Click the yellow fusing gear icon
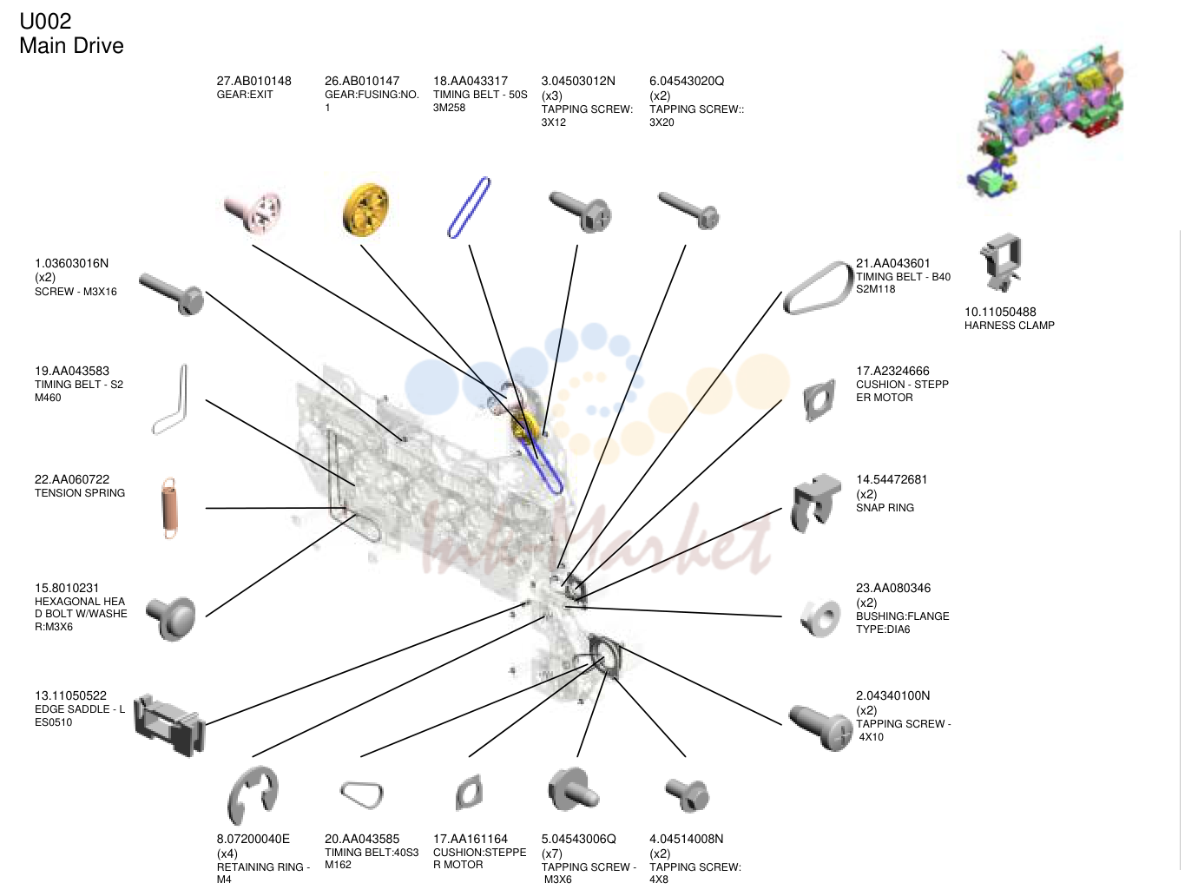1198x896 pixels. pyautogui.click(x=365, y=210)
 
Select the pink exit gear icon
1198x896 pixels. pyautogui.click(x=253, y=211)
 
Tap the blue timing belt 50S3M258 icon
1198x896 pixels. pyautogui.click(x=469, y=208)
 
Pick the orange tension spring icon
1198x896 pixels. pyautogui.click(x=170, y=509)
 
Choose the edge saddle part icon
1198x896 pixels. pyautogui.click(x=169, y=725)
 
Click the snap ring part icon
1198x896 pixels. pyautogui.click(x=815, y=502)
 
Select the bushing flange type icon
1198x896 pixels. pyautogui.click(x=820, y=617)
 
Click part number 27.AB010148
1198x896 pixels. pyautogui.click(x=253, y=81)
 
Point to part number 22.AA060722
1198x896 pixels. pyautogui.click(x=72, y=479)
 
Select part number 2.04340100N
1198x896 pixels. pyautogui.click(x=892, y=695)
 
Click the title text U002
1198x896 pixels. pyautogui.click(x=45, y=22)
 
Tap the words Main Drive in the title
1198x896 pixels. pyautogui.click(x=71, y=45)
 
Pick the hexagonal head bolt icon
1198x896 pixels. pyautogui.click(x=171, y=617)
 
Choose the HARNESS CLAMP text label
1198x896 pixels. pyautogui.click(x=1009, y=326)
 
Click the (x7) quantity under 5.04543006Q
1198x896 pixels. pyautogui.click(x=551, y=853)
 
